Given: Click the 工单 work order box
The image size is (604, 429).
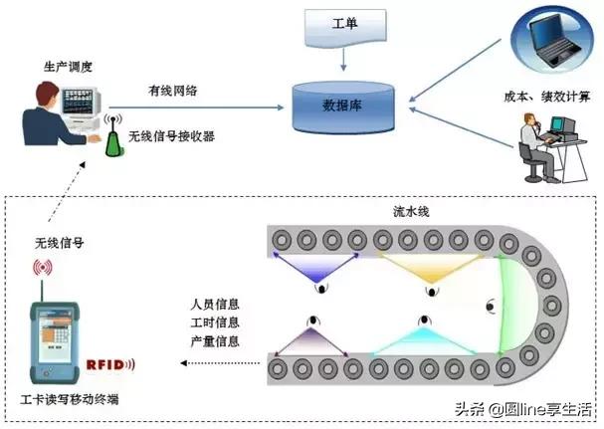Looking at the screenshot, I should pyautogui.click(x=344, y=22).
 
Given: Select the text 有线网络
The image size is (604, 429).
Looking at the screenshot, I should pyautogui.click(x=171, y=91).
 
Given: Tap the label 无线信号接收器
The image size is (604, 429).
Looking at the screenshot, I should pyautogui.click(x=172, y=134).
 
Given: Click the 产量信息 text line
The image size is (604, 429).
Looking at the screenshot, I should pyautogui.click(x=216, y=340).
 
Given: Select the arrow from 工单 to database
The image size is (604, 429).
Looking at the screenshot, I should pyautogui.click(x=344, y=59).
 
